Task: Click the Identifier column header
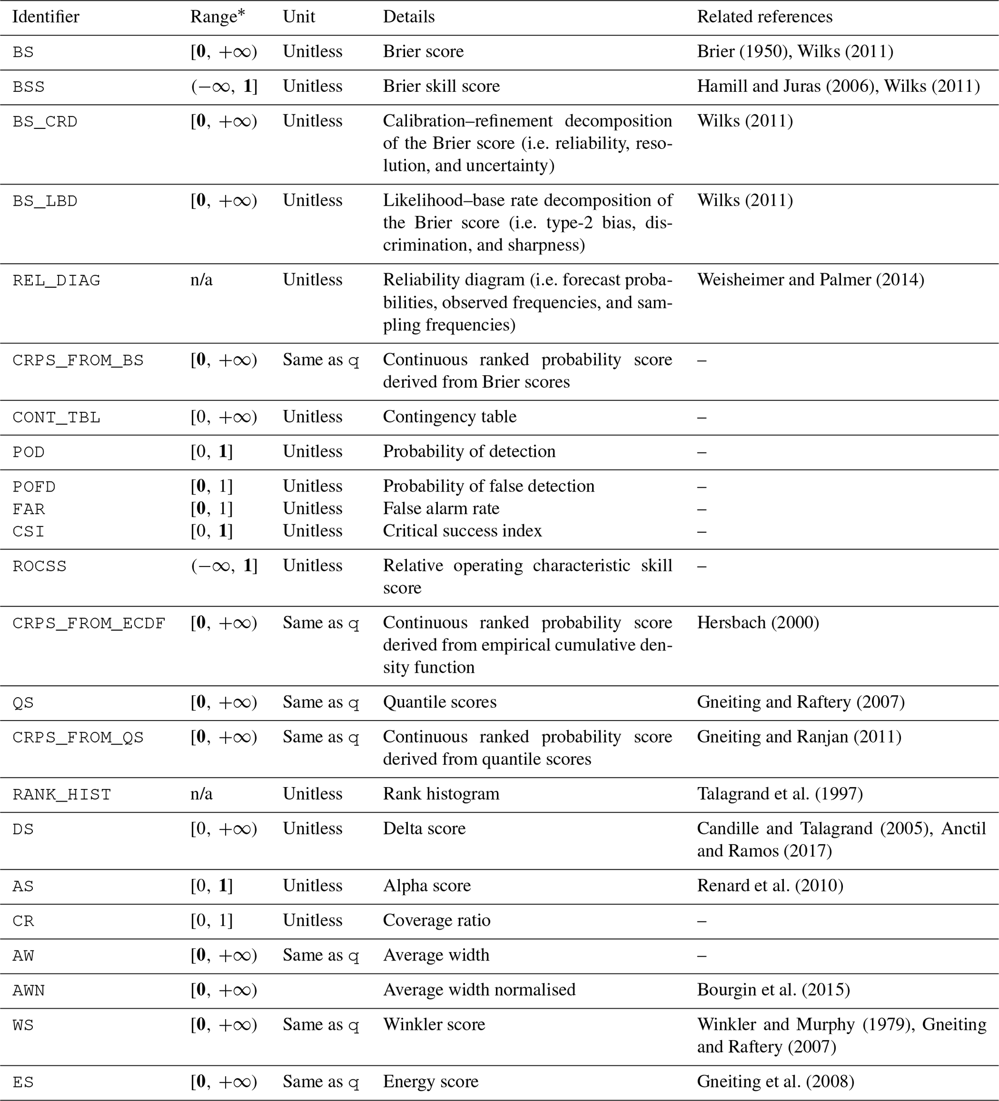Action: click(46, 17)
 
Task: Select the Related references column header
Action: click(764, 17)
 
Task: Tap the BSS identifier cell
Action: click(29, 87)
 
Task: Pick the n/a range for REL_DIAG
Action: click(201, 280)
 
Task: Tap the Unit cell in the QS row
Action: click(320, 702)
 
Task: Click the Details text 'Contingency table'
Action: click(449, 417)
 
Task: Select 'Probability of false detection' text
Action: click(488, 486)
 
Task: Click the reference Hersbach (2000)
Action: click(757, 622)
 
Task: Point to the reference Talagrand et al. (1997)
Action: click(779, 793)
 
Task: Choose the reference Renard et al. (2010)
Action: click(769, 885)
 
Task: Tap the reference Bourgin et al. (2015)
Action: click(773, 989)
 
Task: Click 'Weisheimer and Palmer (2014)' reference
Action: click(810, 280)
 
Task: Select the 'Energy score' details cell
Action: click(430, 1081)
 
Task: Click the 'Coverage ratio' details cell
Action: click(436, 920)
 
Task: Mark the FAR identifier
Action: click(29, 509)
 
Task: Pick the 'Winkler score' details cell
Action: click(434, 1024)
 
